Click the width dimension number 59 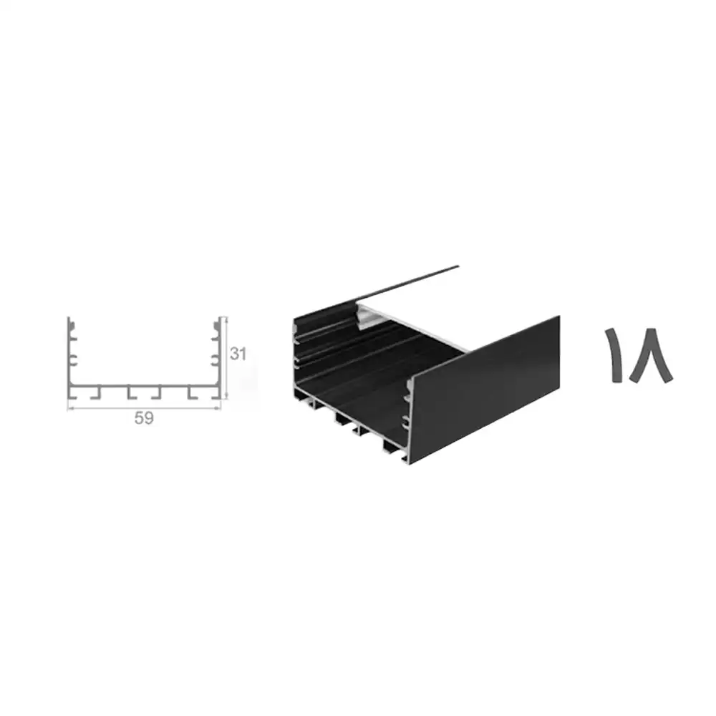pyautogui.click(x=144, y=418)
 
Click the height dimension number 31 pyautogui.click(x=238, y=354)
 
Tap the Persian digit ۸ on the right pyautogui.click(x=651, y=355)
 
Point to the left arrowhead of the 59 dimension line pyautogui.click(x=69, y=409)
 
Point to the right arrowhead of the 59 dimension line pyautogui.click(x=218, y=409)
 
